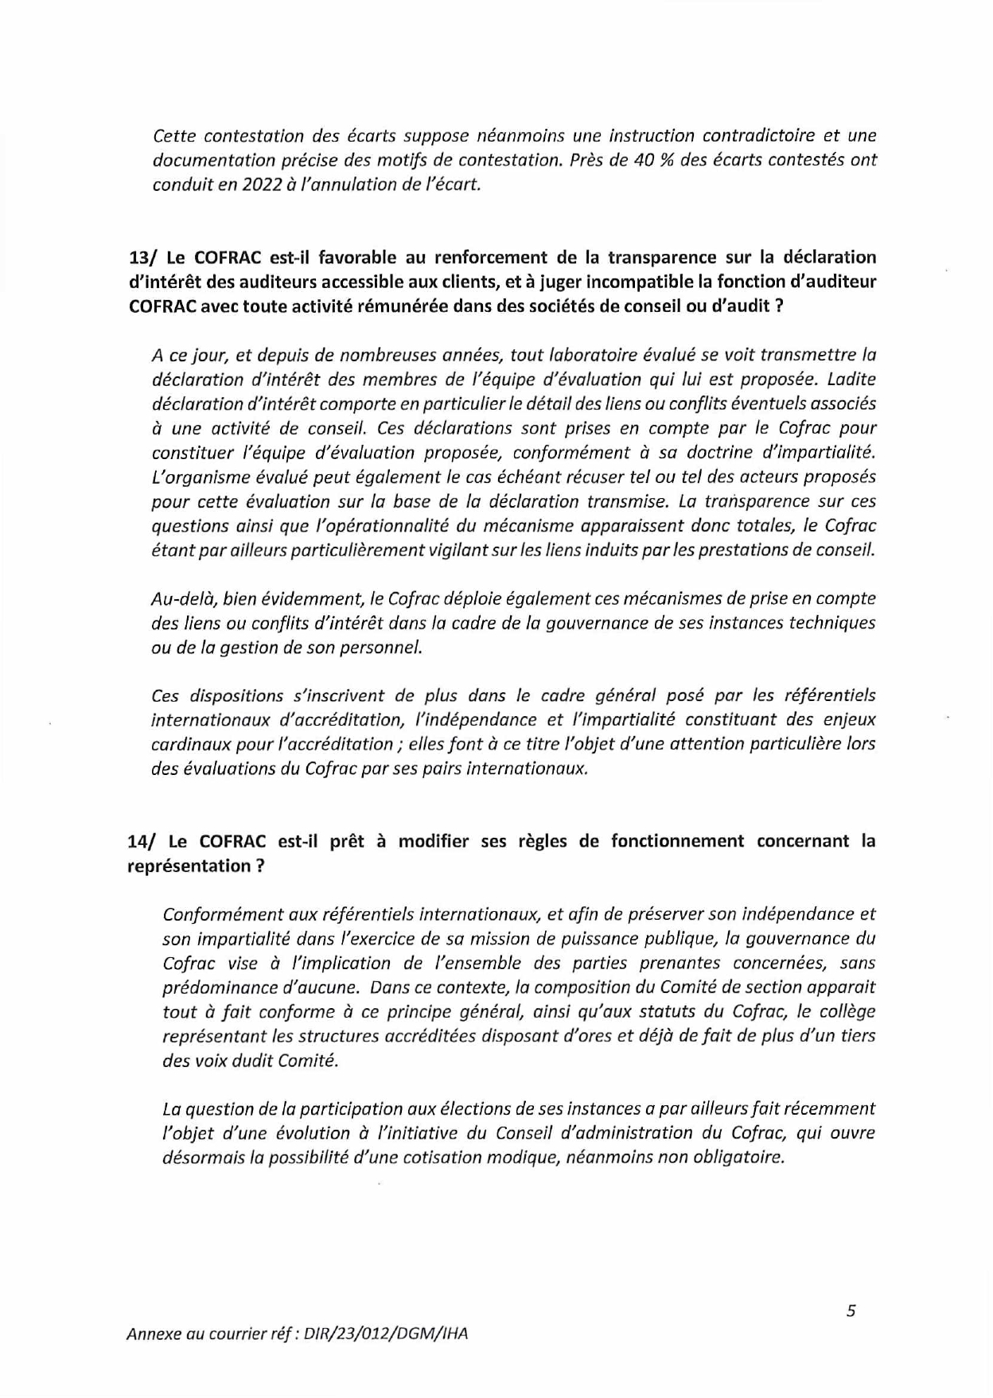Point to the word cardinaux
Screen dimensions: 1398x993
[x=188, y=745]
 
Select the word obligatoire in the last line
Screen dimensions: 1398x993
[x=738, y=1158]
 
